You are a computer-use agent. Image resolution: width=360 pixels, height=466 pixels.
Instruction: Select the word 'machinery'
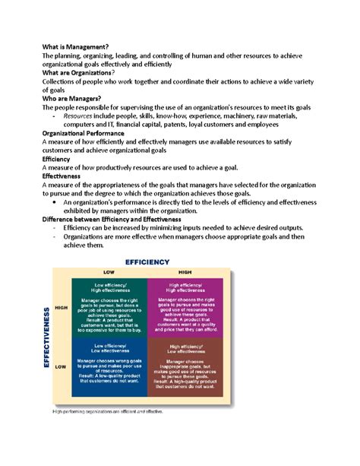(257, 118)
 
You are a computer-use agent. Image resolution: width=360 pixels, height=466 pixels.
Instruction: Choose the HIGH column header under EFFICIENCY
(185, 272)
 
